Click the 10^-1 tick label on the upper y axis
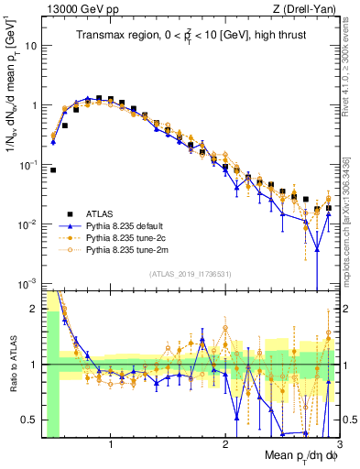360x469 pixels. (28, 165)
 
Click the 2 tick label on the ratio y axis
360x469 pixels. (35, 309)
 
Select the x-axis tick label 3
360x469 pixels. (338, 443)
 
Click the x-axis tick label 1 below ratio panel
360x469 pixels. (110, 443)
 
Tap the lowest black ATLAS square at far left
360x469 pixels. (53, 169)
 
